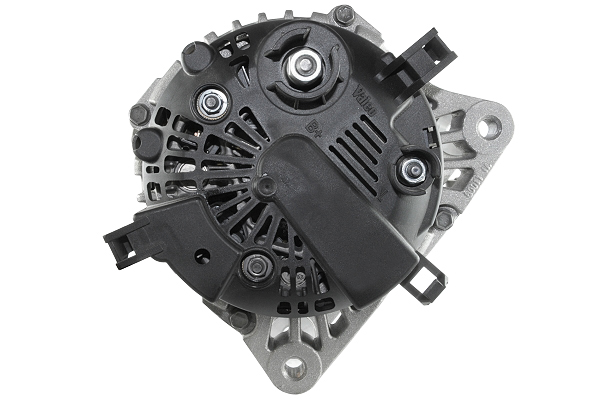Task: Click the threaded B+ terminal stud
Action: point(299,67)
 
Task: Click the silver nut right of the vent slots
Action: point(410,171)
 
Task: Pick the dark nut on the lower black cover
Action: point(256,266)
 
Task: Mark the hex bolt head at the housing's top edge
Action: point(344,15)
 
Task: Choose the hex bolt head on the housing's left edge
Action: point(139,114)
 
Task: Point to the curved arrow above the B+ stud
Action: point(297,38)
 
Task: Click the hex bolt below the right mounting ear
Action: point(444,216)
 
